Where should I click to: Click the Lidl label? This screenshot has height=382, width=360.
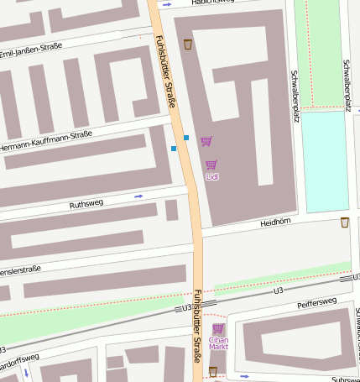pyautogui.click(x=211, y=177)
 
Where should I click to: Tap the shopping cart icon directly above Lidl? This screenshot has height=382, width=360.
pyautogui.click(x=211, y=165)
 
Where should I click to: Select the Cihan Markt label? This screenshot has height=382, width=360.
pyautogui.click(x=218, y=343)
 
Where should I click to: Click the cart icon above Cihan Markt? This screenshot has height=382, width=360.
pyautogui.click(x=218, y=328)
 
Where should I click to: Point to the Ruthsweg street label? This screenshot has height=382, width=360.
pyautogui.click(x=86, y=204)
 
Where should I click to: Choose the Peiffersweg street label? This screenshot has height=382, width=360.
pyautogui.click(x=316, y=301)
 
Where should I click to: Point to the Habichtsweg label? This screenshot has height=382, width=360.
pyautogui.click(x=211, y=3)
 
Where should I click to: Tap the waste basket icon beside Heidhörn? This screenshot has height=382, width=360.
pyautogui.click(x=345, y=222)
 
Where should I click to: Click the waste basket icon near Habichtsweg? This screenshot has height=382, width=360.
pyautogui.click(x=187, y=43)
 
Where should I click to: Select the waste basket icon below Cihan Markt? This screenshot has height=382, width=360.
pyautogui.click(x=213, y=370)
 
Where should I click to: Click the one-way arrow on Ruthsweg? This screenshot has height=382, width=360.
pyautogui.click(x=138, y=196)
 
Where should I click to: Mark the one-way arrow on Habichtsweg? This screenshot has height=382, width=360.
pyautogui.click(x=167, y=5)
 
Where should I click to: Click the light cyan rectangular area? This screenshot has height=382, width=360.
pyautogui.click(x=324, y=160)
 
